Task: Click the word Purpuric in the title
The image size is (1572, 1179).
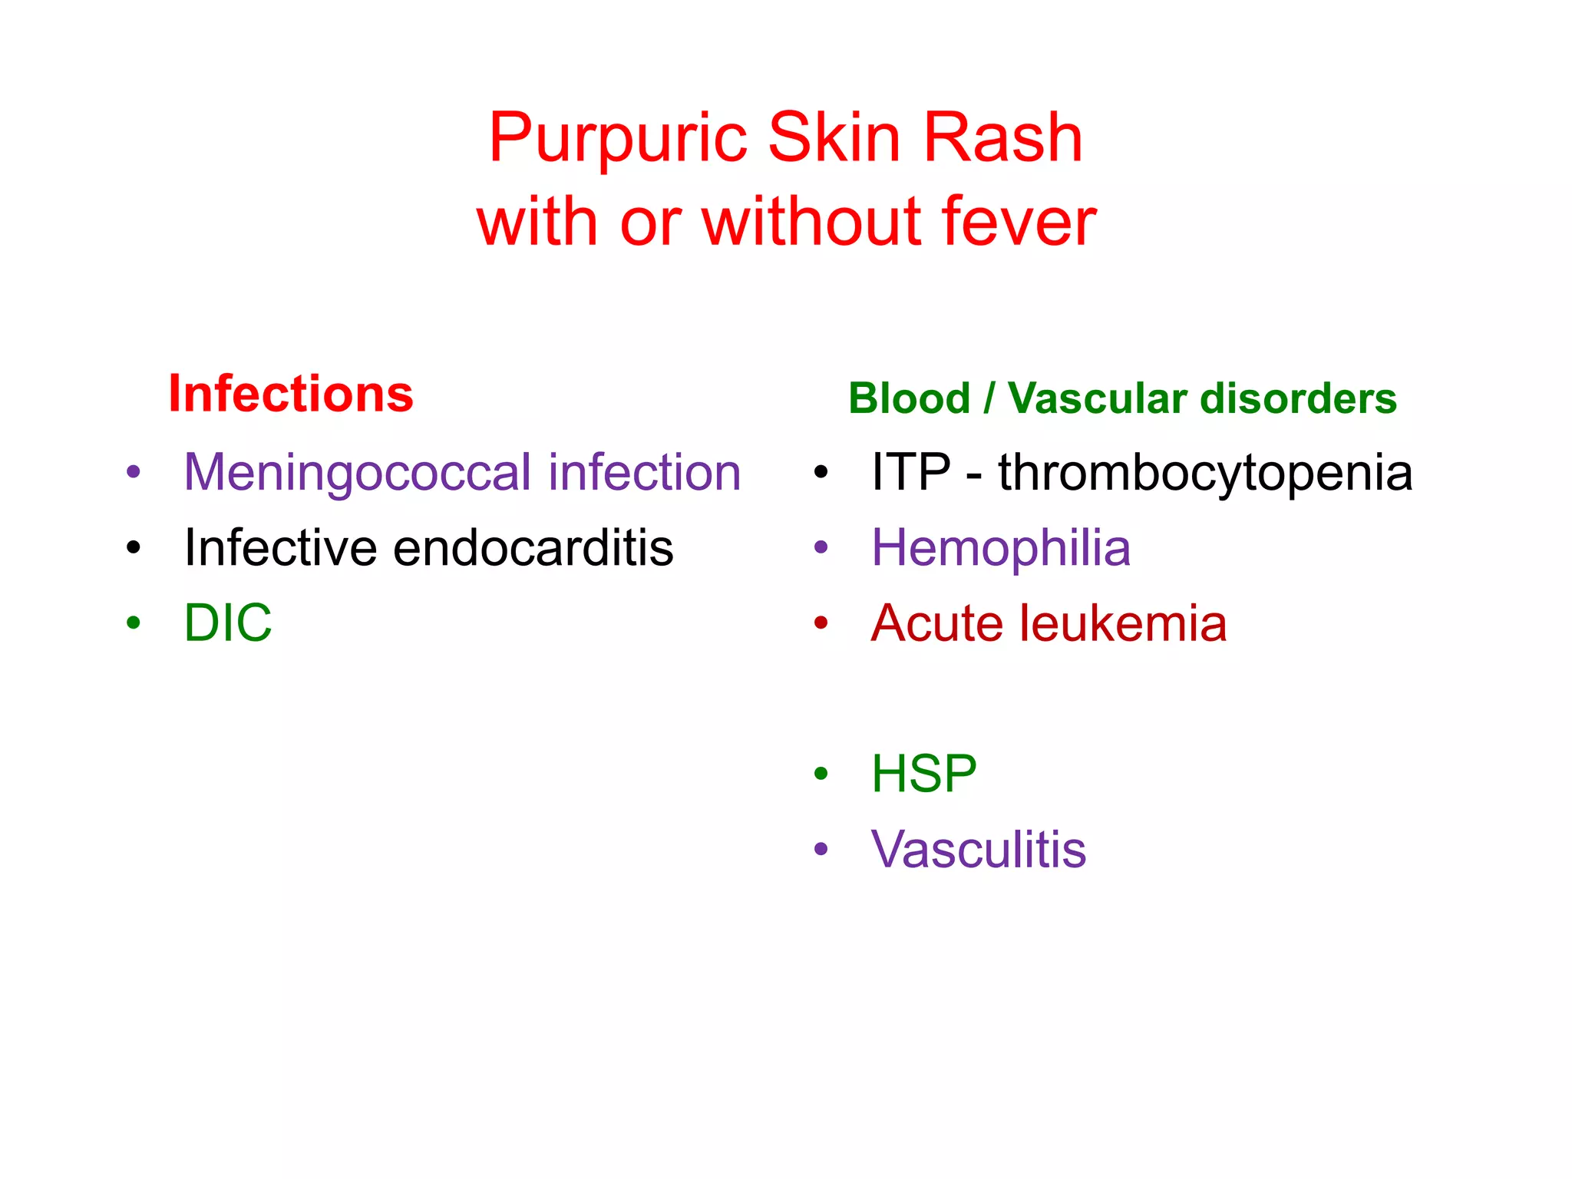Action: [x=618, y=138]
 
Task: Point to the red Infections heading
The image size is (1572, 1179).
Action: [x=291, y=394]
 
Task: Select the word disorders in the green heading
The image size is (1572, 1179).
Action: [x=1299, y=398]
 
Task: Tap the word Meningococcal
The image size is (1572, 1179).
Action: [x=358, y=472]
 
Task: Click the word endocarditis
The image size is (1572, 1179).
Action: [x=533, y=548]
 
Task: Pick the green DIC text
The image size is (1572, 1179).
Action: [x=228, y=623]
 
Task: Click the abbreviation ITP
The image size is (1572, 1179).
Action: [x=910, y=472]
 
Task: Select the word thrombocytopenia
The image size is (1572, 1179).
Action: [x=1205, y=472]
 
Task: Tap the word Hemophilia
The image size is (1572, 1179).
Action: [x=1001, y=548]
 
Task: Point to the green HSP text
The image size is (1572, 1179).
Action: [x=923, y=774]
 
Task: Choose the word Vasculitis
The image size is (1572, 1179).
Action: [x=979, y=850]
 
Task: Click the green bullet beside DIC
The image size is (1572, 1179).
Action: [x=134, y=623]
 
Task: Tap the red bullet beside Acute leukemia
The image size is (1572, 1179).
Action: [x=821, y=623]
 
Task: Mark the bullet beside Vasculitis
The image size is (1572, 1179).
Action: [x=821, y=849]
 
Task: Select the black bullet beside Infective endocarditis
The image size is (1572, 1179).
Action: [x=134, y=548]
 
